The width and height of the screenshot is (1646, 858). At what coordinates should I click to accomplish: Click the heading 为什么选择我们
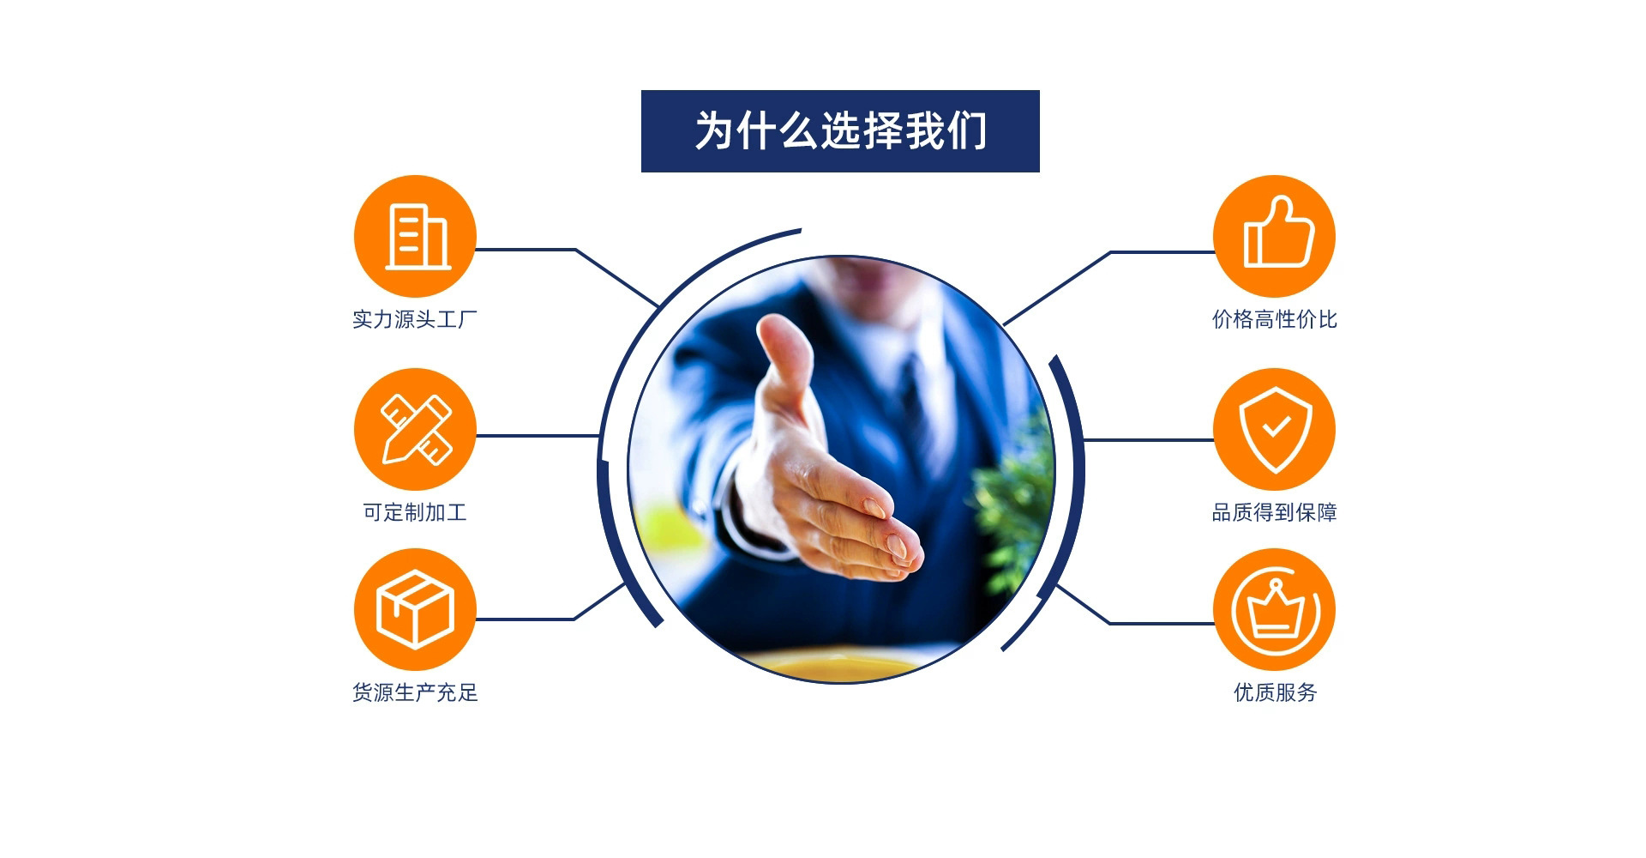tap(840, 130)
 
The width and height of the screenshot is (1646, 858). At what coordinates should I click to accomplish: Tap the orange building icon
tap(415, 236)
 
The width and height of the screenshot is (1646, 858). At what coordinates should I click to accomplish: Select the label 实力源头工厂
tap(415, 319)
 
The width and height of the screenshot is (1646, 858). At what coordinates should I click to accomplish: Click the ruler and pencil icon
tap(415, 429)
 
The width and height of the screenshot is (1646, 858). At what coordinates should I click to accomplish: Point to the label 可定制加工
tap(415, 512)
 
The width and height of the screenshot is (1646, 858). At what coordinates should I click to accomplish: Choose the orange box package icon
tap(415, 609)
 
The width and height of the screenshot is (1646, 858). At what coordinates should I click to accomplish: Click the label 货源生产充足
tap(415, 692)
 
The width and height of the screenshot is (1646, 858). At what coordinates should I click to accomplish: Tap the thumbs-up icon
tap(1275, 236)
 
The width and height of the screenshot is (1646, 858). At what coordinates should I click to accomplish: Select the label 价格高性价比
tap(1275, 319)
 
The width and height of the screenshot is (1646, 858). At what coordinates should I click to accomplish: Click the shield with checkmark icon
tap(1275, 429)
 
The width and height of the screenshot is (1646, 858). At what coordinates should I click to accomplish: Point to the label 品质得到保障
tap(1275, 512)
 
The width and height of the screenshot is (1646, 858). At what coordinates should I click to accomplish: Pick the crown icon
tap(1275, 609)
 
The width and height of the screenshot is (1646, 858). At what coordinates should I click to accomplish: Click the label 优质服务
tap(1275, 692)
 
